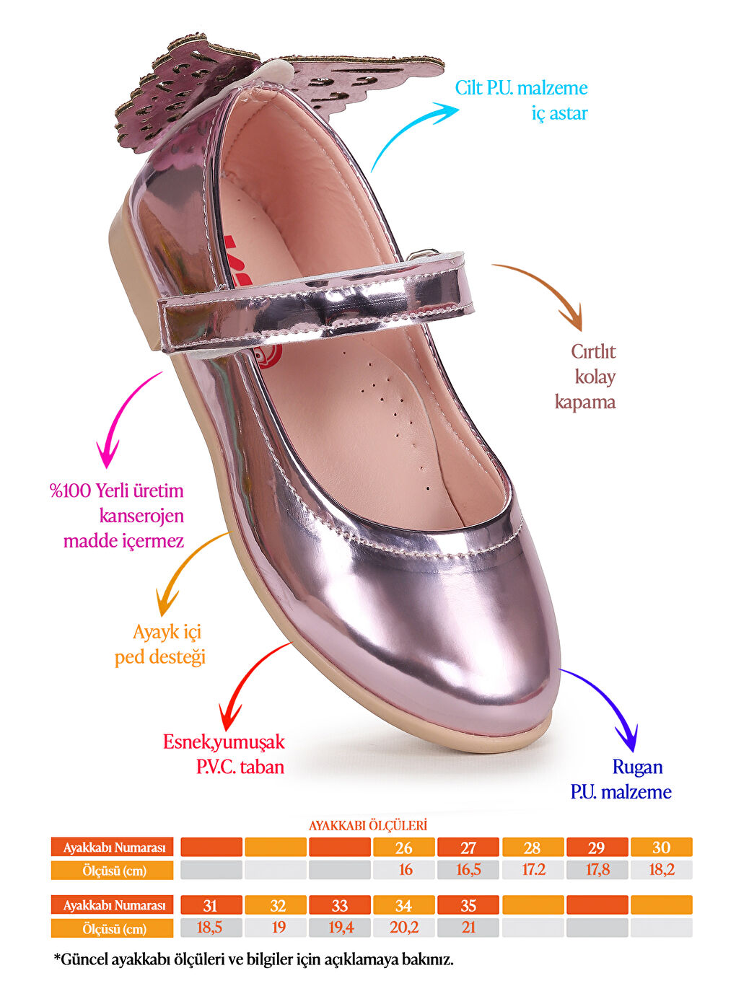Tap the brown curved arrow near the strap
tap(548, 289)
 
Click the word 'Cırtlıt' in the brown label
tap(593, 351)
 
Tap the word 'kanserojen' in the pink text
tap(141, 516)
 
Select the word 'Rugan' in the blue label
tap(637, 767)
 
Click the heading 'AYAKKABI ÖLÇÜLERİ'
tap(368, 825)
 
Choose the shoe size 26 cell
tap(404, 848)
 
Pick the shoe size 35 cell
tap(468, 905)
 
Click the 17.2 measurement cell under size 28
tap(533, 870)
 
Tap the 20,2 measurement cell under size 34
tap(404, 928)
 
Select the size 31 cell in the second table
tap(211, 905)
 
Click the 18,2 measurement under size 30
tap(662, 870)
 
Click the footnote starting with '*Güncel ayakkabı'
tap(254, 960)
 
